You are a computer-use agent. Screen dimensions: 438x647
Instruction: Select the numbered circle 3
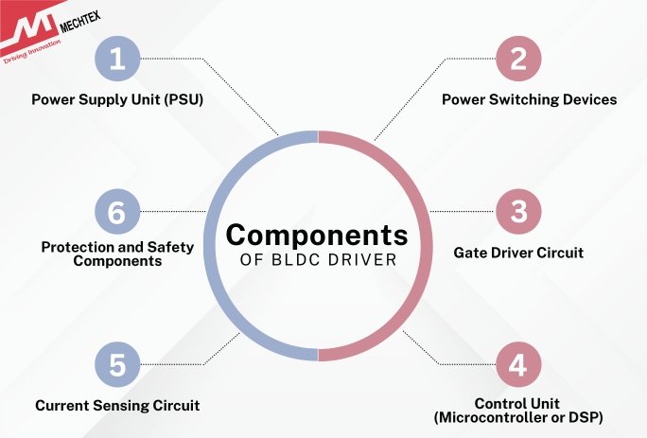pos(517,212)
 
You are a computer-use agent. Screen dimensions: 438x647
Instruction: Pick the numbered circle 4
pos(517,364)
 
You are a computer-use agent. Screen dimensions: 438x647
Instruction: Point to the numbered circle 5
pos(117,364)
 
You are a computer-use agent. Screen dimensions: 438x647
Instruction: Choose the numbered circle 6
pos(117,212)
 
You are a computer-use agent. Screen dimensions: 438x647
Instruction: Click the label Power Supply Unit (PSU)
pos(117,99)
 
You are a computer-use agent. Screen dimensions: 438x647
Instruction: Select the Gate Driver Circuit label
pos(518,253)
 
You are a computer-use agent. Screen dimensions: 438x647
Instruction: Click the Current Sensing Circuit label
pos(117,406)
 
